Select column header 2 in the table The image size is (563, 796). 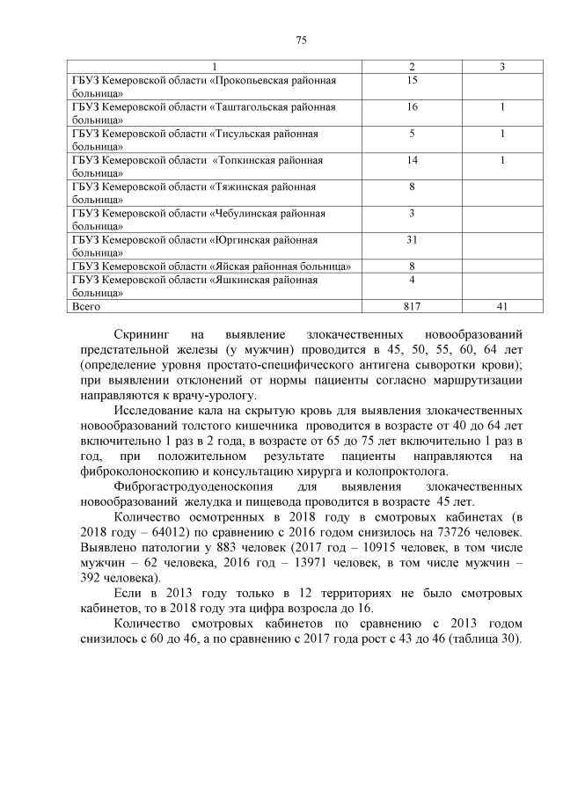(412, 67)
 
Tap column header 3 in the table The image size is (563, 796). (501, 67)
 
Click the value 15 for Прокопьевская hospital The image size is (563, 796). (412, 80)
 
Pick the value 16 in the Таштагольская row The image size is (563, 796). (412, 106)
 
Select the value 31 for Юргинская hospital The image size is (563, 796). (412, 239)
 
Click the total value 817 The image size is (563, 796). (412, 307)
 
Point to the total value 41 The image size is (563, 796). (501, 307)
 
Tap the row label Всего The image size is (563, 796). (86, 307)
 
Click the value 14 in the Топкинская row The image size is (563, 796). (412, 160)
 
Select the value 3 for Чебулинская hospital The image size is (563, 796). (412, 213)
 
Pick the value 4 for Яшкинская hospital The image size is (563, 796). (412, 280)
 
